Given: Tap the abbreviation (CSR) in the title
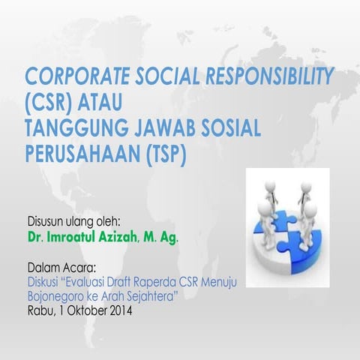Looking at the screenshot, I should tap(51, 99).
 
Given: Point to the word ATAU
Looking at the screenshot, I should tap(106, 99).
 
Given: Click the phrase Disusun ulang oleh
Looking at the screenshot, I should tap(73, 223).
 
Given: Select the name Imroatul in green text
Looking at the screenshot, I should tap(76, 238).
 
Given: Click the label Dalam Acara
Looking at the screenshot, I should tap(61, 268).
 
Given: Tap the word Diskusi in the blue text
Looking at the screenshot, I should tap(43, 283).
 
